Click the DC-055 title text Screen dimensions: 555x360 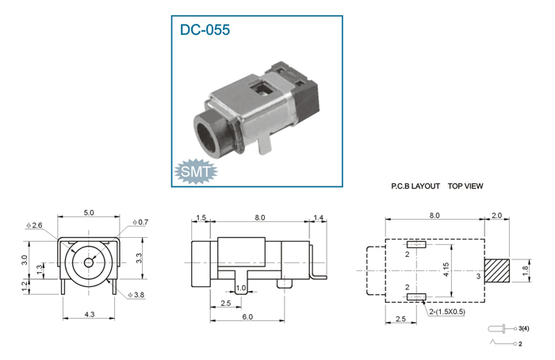point(205,29)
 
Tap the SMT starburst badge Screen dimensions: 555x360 point(196,172)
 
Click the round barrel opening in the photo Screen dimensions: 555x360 point(208,137)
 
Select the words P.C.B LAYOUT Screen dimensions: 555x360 point(415,186)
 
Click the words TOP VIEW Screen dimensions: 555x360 point(465,186)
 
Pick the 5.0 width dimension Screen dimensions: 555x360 point(89,213)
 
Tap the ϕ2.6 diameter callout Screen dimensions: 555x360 point(34,225)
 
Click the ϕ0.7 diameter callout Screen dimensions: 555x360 point(140,222)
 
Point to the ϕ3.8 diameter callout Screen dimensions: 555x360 point(136,294)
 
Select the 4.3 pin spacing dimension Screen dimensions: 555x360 point(90,314)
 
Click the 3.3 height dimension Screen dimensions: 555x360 point(139,258)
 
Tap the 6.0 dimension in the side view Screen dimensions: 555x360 point(247,316)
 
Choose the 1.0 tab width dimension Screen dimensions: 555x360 point(241,288)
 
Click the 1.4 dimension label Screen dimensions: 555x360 point(319,217)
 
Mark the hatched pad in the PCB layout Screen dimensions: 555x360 point(497,271)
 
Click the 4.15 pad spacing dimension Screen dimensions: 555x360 point(446,270)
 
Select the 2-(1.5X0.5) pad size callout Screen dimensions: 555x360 point(447,312)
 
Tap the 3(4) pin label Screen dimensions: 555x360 point(524,328)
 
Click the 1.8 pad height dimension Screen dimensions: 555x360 point(525,271)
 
